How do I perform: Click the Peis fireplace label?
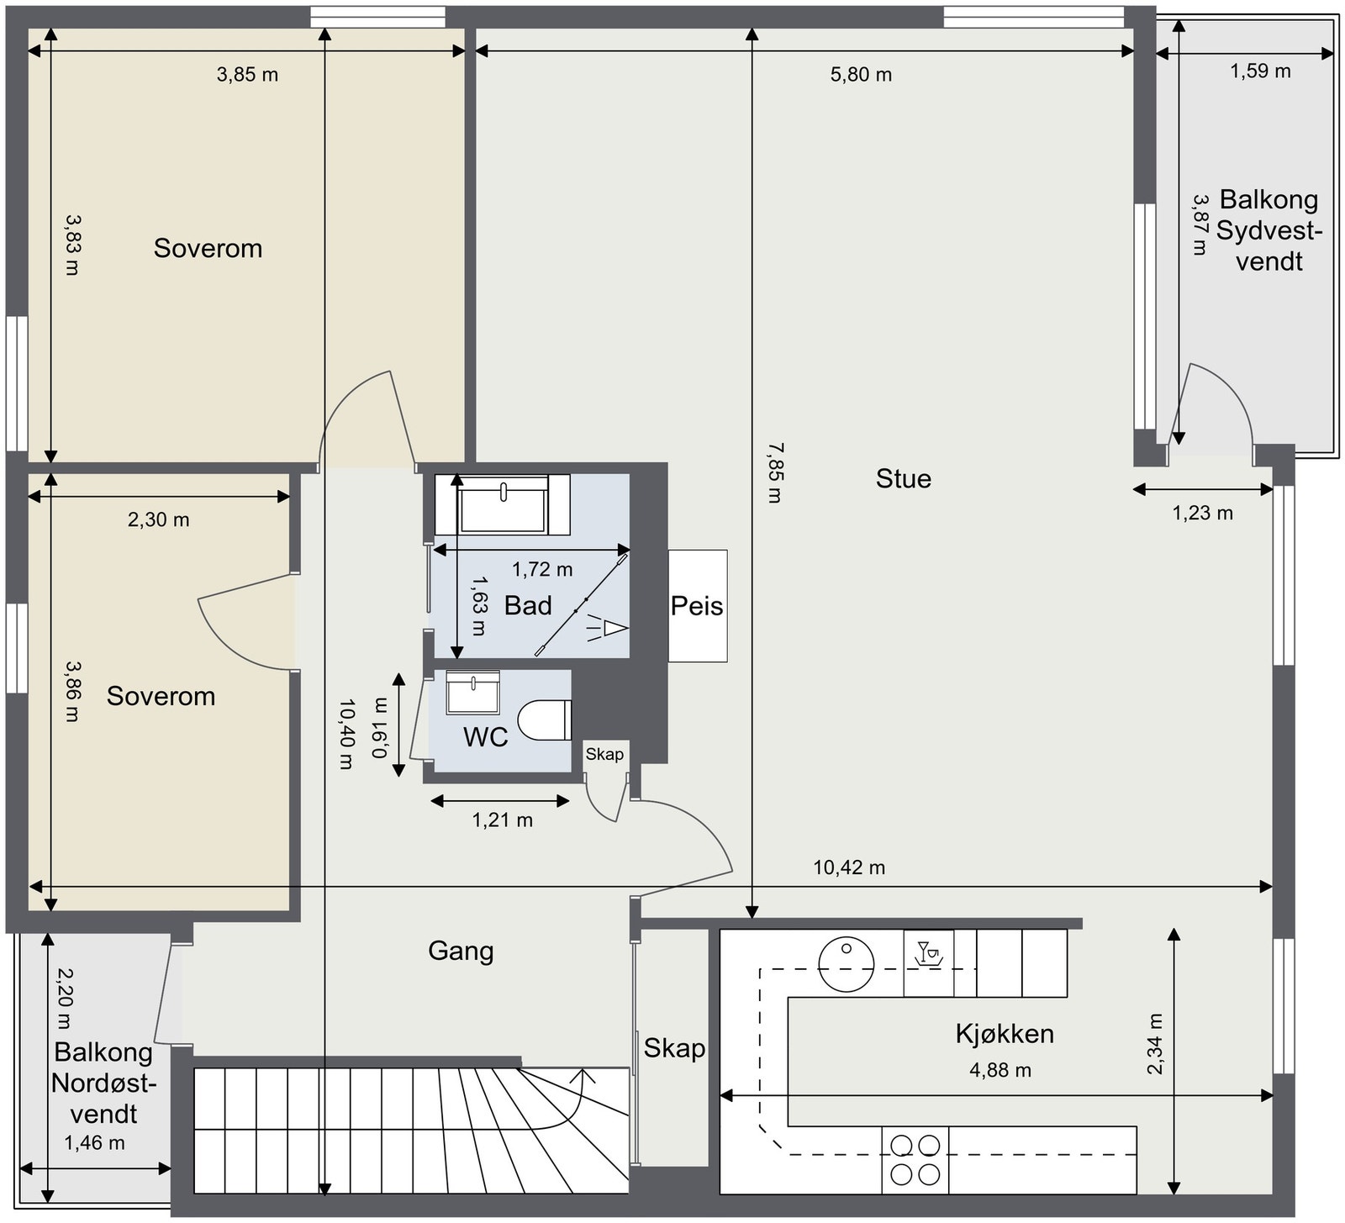point(697,606)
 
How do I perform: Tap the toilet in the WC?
point(544,720)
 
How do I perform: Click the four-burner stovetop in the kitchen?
point(915,1160)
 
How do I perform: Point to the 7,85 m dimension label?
point(774,473)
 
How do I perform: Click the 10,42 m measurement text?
point(849,867)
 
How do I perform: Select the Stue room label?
point(904,479)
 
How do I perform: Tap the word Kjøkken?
point(1005,1034)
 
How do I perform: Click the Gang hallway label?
point(461,952)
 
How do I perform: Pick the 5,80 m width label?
point(861,75)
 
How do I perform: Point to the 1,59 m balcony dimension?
point(1260,71)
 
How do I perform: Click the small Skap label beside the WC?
point(604,754)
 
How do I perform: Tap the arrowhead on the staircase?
point(582,1075)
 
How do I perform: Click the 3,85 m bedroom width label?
point(247,75)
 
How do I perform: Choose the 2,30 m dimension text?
point(158,520)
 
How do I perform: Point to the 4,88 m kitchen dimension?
point(1000,1071)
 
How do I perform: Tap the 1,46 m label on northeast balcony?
point(94,1143)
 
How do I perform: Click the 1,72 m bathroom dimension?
point(542,570)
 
